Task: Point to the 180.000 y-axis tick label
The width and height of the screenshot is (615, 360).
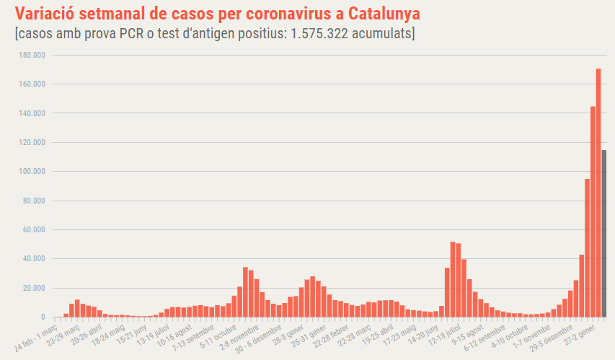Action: coord(32,55)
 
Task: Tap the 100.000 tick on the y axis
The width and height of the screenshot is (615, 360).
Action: coord(32,172)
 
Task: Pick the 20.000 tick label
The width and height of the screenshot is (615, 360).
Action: coord(35,289)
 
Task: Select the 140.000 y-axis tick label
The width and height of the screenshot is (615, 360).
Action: coord(32,113)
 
